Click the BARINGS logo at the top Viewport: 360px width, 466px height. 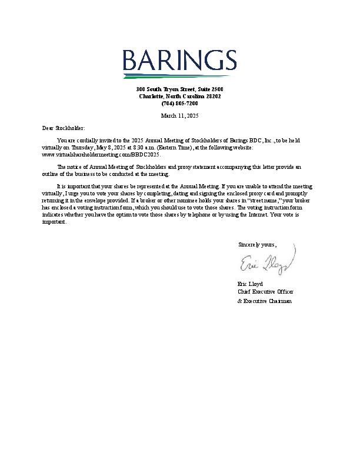[179, 61]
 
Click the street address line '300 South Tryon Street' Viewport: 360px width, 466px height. [179, 89]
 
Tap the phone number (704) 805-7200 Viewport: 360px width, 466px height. [179, 103]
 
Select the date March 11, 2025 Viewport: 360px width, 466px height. [179, 116]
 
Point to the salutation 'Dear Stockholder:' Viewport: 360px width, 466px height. [64, 128]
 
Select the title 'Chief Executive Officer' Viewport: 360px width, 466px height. [265, 292]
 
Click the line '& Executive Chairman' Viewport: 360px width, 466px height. [264, 301]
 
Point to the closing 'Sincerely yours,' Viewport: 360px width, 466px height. [257, 244]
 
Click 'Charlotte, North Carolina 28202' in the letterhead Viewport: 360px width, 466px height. [179, 96]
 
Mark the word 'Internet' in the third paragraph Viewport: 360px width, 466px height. [259, 214]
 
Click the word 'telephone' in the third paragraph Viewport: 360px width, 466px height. [198, 214]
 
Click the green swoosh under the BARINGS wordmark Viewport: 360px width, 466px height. [179, 76]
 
